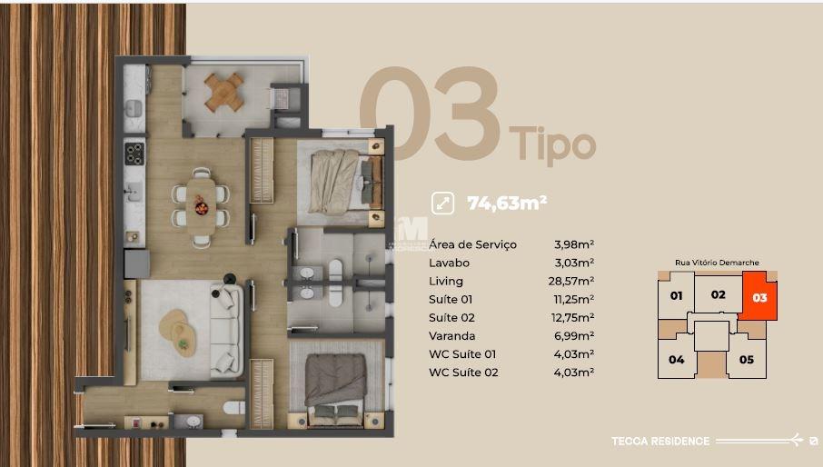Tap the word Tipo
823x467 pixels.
[x=552, y=144]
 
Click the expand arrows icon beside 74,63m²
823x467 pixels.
[x=444, y=204]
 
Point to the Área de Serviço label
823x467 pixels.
[x=472, y=244]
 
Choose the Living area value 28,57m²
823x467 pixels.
[x=574, y=281]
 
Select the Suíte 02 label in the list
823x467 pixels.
[x=451, y=318]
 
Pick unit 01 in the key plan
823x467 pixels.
[x=676, y=296]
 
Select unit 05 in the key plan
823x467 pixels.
[x=746, y=359]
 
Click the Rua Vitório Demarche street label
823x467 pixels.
[x=717, y=263]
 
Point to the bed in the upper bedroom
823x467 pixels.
[x=339, y=180]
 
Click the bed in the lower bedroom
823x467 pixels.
[x=335, y=381]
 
